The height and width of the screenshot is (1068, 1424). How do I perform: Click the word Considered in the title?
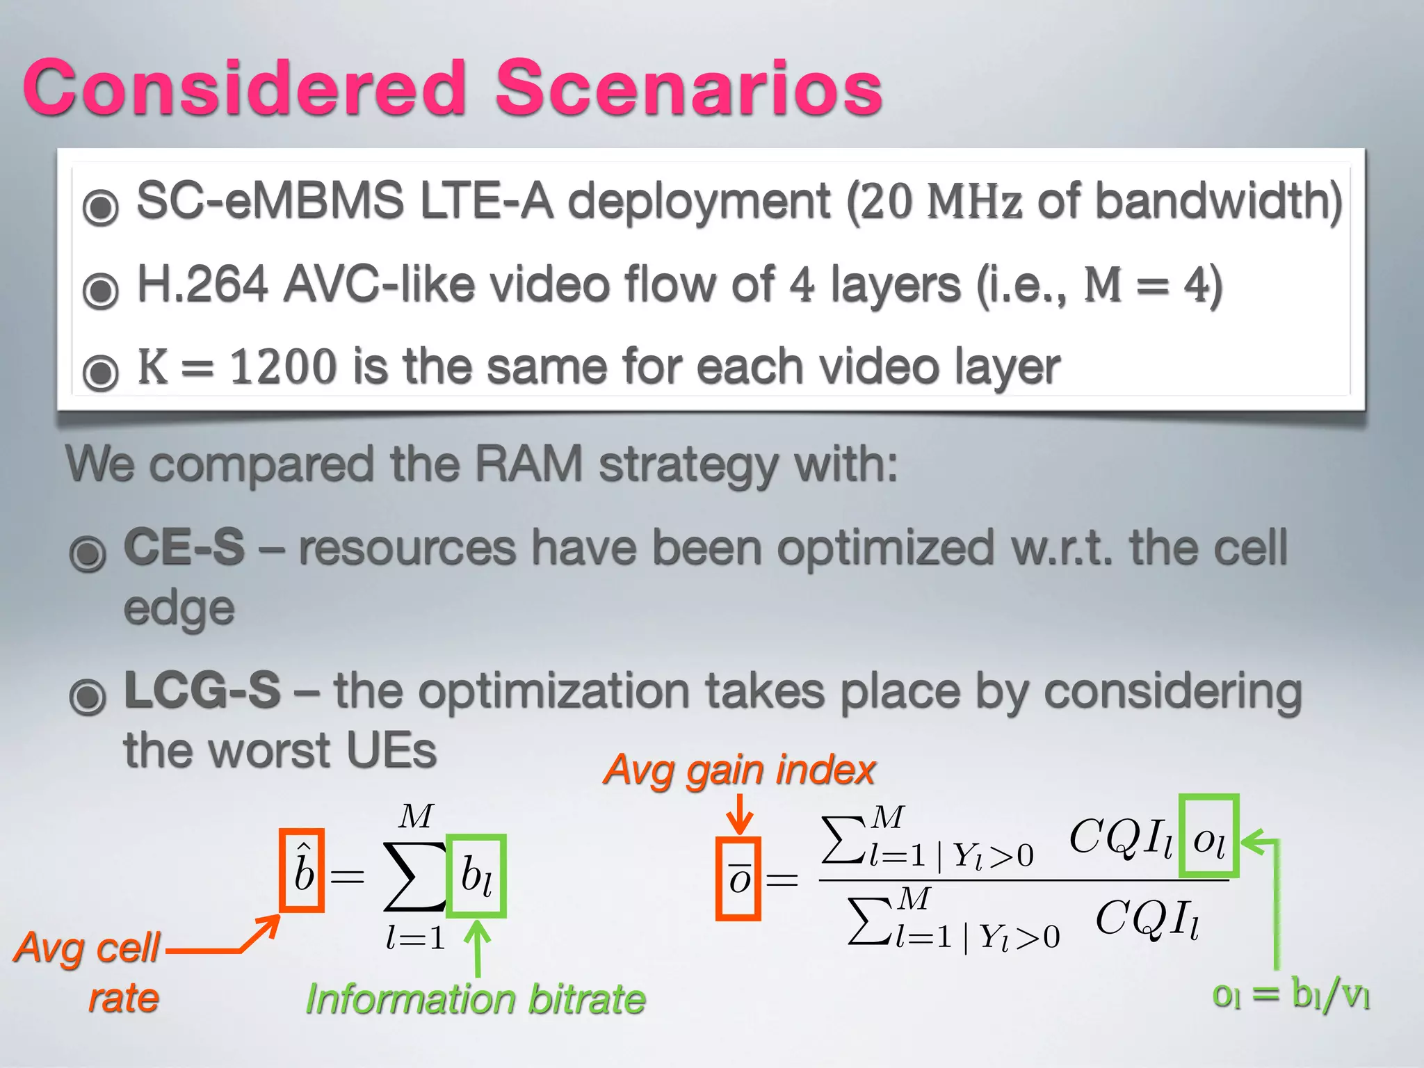pos(245,88)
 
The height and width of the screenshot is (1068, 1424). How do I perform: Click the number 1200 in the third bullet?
pos(283,366)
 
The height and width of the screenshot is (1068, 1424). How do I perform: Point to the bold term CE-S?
pos(184,547)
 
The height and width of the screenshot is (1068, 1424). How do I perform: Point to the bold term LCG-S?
pos(202,690)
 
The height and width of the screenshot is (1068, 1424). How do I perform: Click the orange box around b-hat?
pos(302,871)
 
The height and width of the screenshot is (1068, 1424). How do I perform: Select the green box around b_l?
pos(476,875)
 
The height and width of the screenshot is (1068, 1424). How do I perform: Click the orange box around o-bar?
pos(738,879)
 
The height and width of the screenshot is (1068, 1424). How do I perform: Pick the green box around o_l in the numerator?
pos(1210,836)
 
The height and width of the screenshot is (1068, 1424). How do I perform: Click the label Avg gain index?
pos(739,770)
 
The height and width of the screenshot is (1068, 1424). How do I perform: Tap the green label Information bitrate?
pos(476,999)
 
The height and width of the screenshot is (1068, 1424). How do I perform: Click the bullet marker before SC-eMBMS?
pos(101,207)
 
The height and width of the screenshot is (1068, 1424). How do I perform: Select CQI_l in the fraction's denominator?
pos(1147,919)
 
